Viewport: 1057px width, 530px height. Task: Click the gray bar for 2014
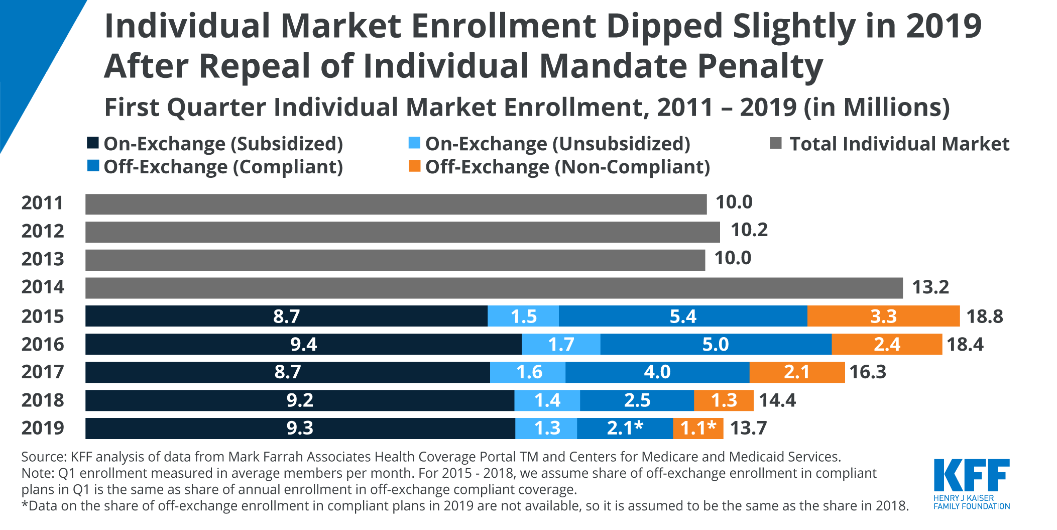pyautogui.click(x=494, y=288)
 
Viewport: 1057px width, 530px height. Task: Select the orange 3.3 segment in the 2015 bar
pyautogui.click(x=883, y=316)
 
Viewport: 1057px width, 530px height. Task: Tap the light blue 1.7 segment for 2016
pyautogui.click(x=561, y=344)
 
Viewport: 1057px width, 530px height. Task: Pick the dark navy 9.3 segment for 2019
pyautogui.click(x=300, y=428)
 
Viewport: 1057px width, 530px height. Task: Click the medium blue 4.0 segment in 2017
pyautogui.click(x=657, y=372)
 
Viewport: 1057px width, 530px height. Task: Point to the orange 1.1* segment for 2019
pyautogui.click(x=698, y=428)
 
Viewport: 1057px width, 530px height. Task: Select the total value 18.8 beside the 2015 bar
pyautogui.click(x=984, y=316)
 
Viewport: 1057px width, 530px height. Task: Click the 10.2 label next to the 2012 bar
pyautogui.click(x=749, y=230)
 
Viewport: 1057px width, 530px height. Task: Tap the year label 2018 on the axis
pyautogui.click(x=43, y=400)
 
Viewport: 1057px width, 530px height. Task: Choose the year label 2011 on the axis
pyautogui.click(x=43, y=203)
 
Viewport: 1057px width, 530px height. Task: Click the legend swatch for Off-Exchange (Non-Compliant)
pyautogui.click(x=414, y=166)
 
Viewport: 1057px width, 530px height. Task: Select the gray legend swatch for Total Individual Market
pyautogui.click(x=776, y=144)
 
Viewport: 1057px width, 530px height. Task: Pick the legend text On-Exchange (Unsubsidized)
pyautogui.click(x=557, y=144)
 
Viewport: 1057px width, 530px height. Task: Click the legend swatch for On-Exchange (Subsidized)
pyautogui.click(x=93, y=143)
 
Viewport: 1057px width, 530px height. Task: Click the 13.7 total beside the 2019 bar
pyautogui.click(x=748, y=428)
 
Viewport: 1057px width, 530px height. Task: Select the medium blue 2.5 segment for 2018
pyautogui.click(x=637, y=400)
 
